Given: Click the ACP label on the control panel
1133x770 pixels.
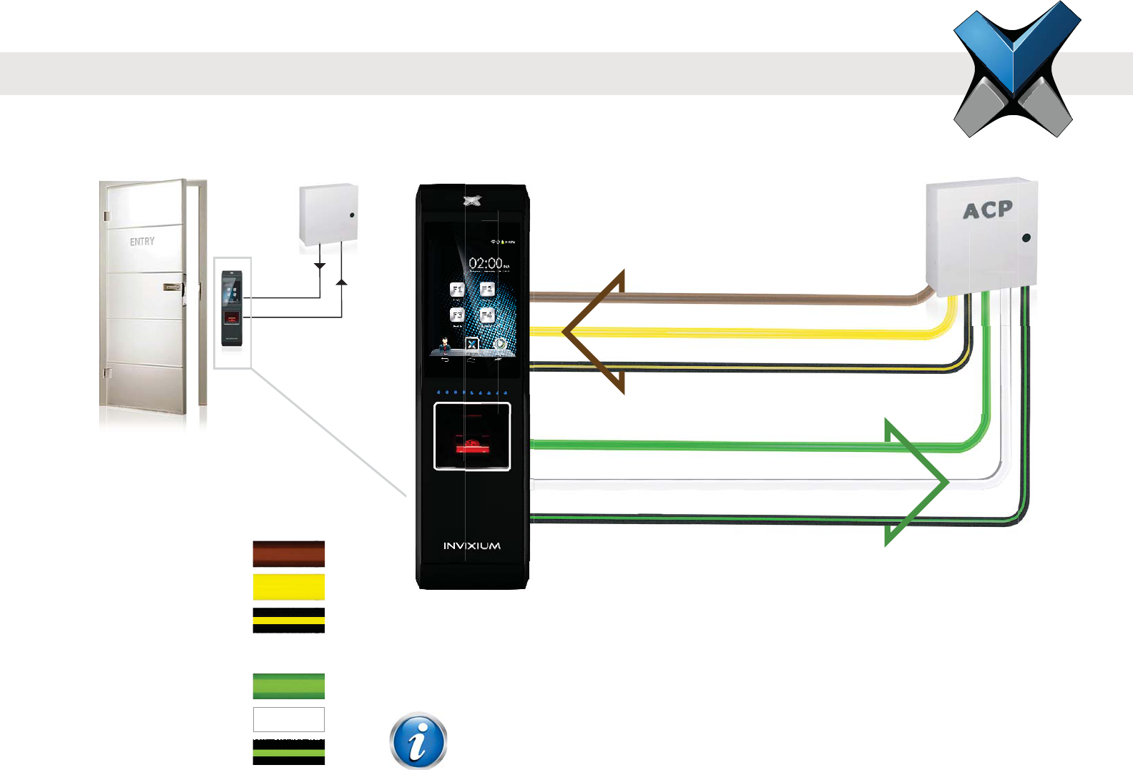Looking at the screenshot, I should point(987,210).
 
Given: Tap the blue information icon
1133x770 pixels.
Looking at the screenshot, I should point(418,741).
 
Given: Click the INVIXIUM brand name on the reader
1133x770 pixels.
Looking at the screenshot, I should point(471,546).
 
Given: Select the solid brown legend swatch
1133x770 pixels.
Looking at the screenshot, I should point(289,554).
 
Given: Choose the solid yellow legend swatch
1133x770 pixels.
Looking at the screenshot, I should point(289,587).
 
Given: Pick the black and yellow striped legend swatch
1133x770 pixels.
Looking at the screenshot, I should point(289,620).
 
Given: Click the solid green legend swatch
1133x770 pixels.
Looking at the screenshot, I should point(289,686).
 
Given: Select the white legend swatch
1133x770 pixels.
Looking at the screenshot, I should point(289,719).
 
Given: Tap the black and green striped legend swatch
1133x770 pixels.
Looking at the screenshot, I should point(289,752).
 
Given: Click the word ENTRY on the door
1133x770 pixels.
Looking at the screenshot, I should point(142,242).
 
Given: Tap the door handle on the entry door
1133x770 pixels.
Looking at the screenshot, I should point(172,287).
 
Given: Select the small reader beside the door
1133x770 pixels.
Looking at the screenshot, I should point(231,308).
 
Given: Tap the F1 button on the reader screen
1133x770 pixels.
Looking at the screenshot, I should point(457,290).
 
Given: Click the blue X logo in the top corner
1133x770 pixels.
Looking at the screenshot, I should point(1016,69).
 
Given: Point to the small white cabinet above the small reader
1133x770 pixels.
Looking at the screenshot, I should point(328,214).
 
